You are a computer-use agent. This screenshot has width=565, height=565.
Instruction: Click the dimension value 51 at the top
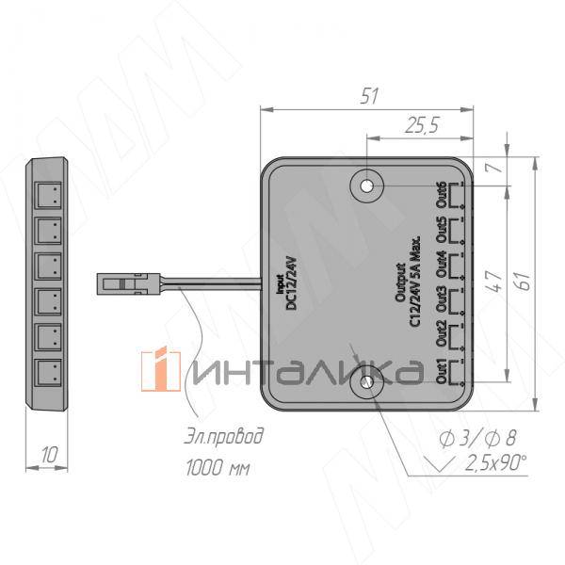coord(369,95)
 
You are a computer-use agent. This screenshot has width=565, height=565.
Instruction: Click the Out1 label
coord(440,371)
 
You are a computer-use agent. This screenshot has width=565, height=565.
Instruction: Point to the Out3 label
coord(440,300)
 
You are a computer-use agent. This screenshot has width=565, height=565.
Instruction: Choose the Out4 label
coord(440,266)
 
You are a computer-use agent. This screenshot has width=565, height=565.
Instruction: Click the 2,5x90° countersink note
coord(495,462)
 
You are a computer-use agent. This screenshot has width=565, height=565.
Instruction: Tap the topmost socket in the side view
coord(48,196)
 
